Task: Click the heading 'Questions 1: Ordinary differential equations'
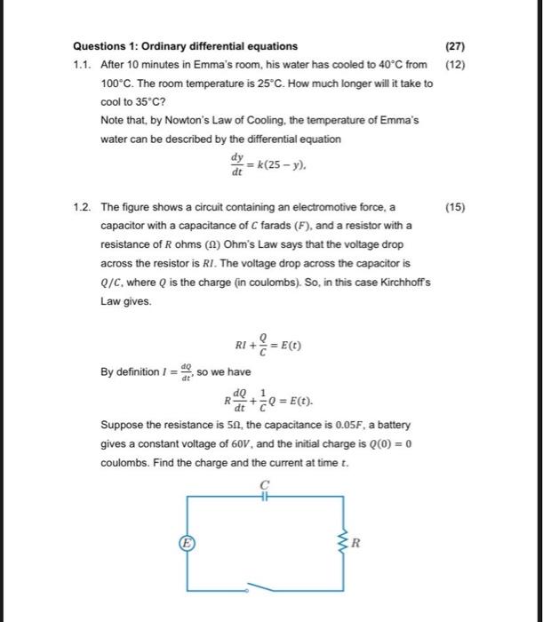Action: (185, 46)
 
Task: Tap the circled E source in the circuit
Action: (188, 541)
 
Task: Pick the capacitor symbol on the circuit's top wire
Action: (263, 498)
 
